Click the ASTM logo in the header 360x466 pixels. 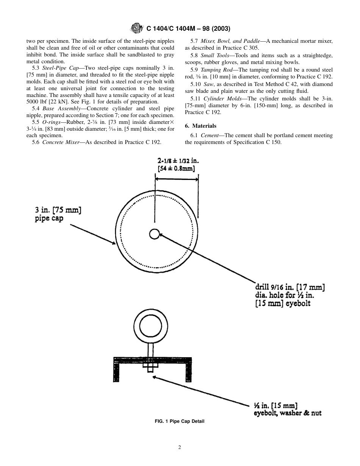pyautogui.click(x=135, y=28)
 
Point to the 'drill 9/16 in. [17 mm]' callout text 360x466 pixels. pyautogui.click(x=290, y=288)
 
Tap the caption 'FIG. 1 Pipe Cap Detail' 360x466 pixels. pyautogui.click(x=180, y=421)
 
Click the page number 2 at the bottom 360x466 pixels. pyautogui.click(x=180, y=447)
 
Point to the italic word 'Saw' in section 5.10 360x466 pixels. pyautogui.click(x=208, y=84)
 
